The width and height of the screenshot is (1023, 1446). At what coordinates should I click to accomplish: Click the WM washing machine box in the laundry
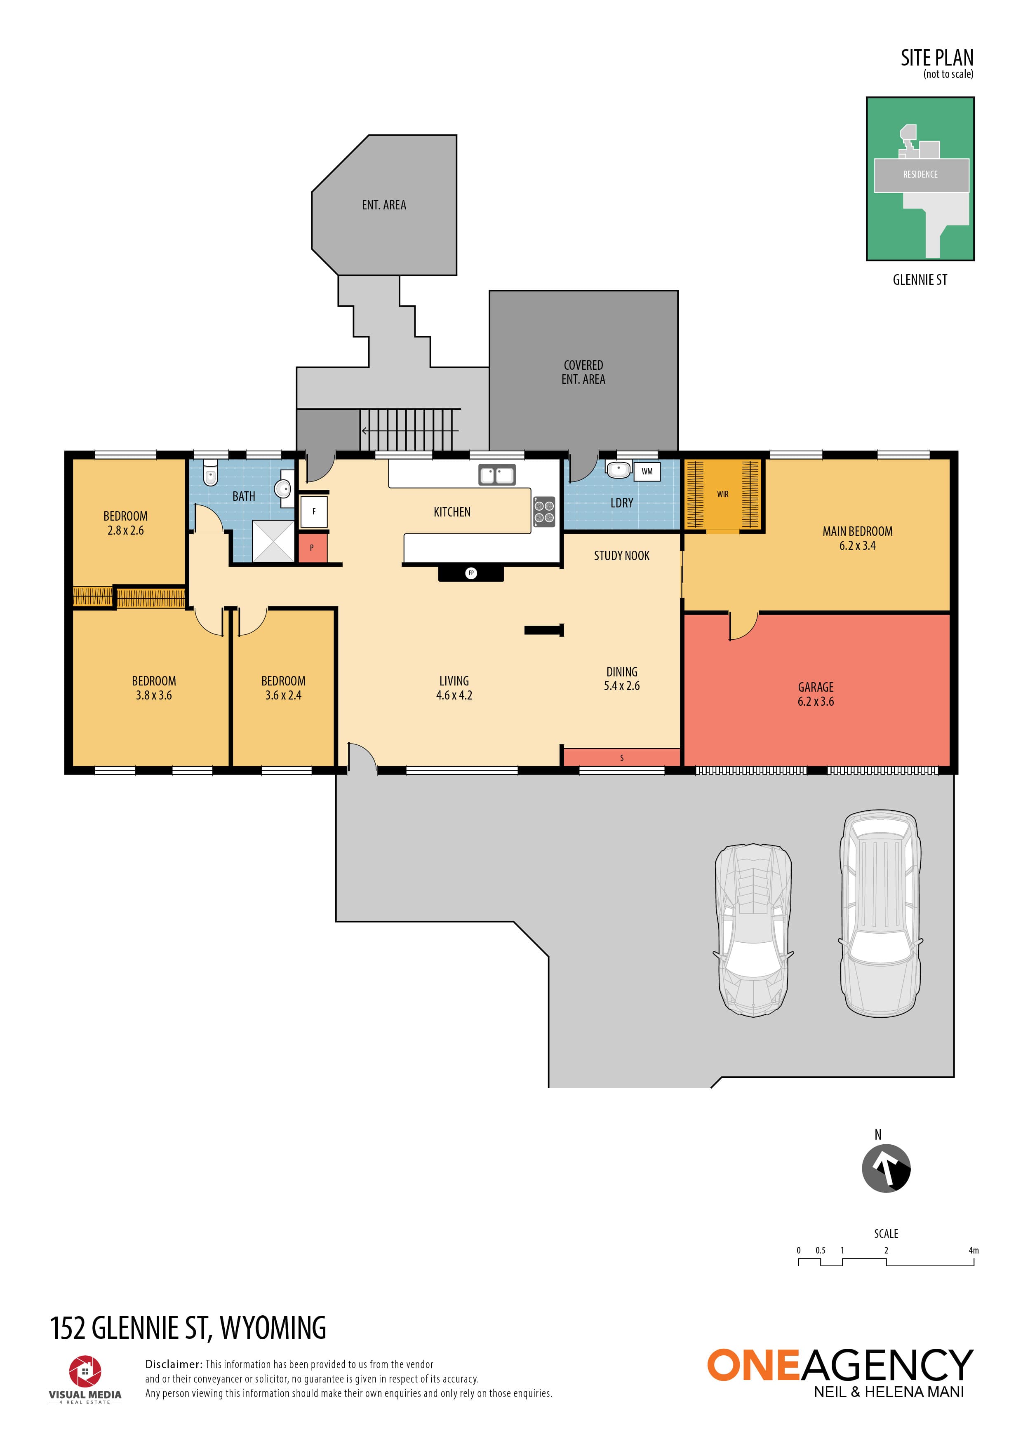coord(647,471)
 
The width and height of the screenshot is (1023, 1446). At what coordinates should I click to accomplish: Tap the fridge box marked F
coord(314,512)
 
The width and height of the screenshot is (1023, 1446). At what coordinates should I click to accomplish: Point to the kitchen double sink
coord(497,475)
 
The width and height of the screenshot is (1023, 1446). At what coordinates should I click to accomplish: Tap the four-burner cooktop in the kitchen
coord(544,512)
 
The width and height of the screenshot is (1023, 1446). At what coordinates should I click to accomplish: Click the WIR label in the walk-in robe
coord(722,494)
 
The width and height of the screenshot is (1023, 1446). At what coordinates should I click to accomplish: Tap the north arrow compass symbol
coord(886,1168)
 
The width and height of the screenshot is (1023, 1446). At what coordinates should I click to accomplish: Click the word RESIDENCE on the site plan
coord(920,174)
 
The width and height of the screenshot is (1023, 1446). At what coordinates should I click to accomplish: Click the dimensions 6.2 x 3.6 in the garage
coord(816,702)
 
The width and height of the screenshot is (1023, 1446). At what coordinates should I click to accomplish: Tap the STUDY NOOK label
coord(622,556)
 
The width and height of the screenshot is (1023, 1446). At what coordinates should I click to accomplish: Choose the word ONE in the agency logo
coord(753,1365)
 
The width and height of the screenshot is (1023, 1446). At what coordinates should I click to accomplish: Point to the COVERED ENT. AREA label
coord(583,372)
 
